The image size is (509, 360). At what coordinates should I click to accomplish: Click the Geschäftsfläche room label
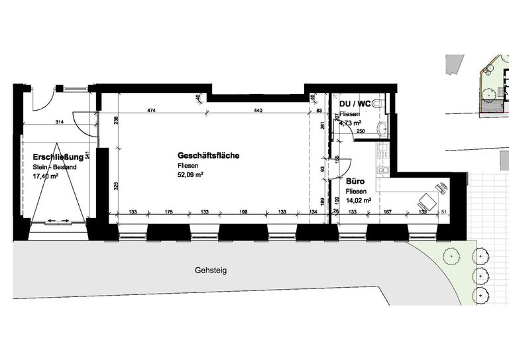(x=208, y=156)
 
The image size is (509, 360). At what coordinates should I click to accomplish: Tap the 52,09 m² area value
(x=190, y=175)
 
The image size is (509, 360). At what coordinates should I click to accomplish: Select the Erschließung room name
(x=58, y=157)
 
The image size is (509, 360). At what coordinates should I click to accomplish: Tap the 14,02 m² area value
(x=358, y=199)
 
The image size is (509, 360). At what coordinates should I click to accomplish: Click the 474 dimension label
(x=152, y=110)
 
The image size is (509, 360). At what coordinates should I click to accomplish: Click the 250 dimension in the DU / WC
(x=361, y=131)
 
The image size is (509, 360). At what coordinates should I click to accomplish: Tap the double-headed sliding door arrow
(x=58, y=219)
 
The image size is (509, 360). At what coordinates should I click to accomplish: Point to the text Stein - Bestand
(x=54, y=167)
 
